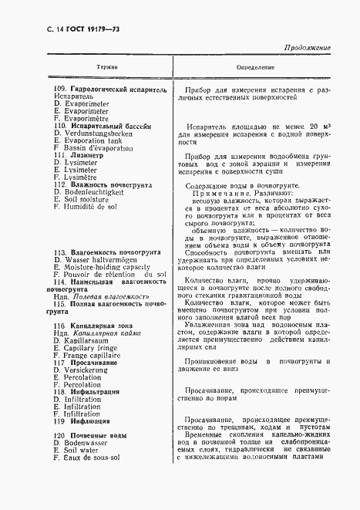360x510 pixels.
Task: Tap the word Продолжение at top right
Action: [303, 48]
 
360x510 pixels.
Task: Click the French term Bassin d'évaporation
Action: [102, 149]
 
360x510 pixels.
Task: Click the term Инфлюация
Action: [92, 421]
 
